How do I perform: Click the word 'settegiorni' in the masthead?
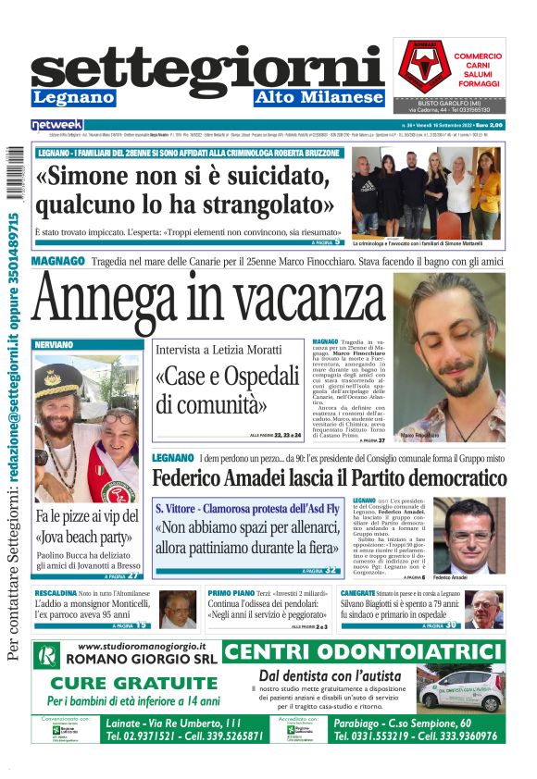click(207, 69)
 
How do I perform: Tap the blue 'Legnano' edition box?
click(68, 97)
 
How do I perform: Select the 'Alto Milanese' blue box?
click(319, 97)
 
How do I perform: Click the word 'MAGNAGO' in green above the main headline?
click(58, 262)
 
